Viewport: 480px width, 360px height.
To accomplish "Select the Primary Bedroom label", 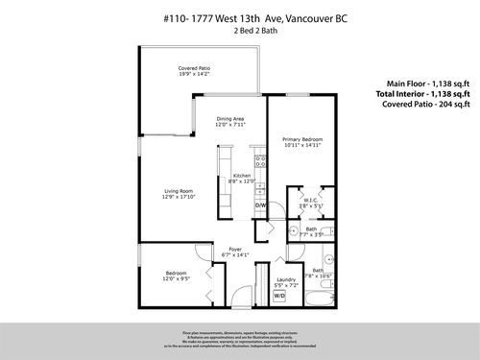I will coord(302,139).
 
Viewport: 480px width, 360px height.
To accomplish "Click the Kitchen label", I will coord(242,176).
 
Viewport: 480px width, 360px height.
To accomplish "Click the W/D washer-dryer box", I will coord(280,297).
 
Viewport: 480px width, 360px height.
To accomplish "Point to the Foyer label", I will coord(234,249).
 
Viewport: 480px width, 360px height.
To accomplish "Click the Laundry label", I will coord(285,280).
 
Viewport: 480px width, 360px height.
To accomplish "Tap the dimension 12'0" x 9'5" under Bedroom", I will coord(175,281).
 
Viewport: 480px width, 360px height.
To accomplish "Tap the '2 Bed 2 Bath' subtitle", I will coord(239,31).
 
